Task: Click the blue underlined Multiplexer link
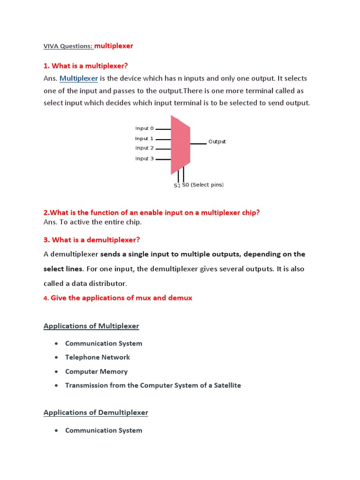click(79, 78)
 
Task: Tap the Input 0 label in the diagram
click(144, 128)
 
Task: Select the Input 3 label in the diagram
click(144, 158)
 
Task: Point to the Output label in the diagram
click(217, 142)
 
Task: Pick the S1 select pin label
click(177, 186)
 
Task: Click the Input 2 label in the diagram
click(144, 148)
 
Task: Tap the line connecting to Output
click(198, 143)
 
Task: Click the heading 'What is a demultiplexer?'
click(96, 240)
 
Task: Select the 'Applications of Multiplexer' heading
click(91, 326)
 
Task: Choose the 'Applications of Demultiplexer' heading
click(96, 412)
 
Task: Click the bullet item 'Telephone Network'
click(97, 357)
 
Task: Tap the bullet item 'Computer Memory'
click(96, 371)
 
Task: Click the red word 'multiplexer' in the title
click(114, 46)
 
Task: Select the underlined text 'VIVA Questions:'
click(68, 46)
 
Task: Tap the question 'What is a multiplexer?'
click(90, 66)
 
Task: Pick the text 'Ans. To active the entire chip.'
click(92, 222)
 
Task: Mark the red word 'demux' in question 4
click(181, 298)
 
